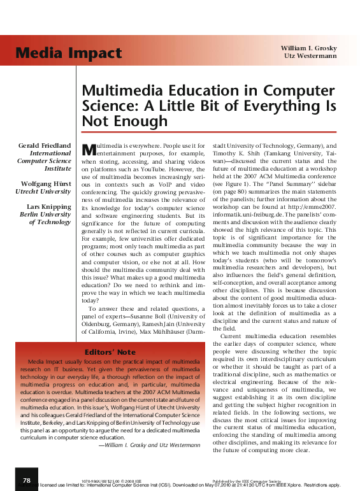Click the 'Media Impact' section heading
(61, 52)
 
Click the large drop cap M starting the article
(90, 149)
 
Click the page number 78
(26, 480)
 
